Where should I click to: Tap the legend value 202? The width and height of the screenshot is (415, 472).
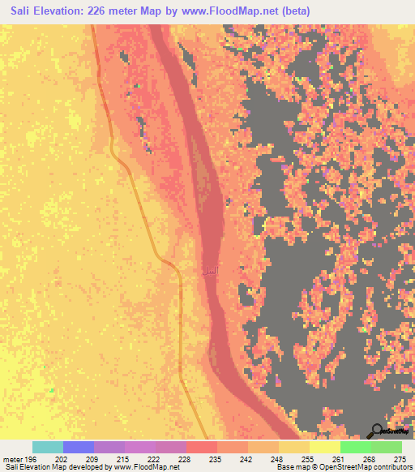pos(61,458)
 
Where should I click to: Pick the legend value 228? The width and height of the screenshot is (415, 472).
pos(186,458)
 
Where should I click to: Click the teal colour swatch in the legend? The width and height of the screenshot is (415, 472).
pos(48,447)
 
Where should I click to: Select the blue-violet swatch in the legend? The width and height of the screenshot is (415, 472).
pos(79,447)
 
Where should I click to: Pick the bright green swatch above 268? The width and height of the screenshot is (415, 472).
pos(355,447)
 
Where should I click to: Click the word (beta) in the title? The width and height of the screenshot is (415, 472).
pos(291,11)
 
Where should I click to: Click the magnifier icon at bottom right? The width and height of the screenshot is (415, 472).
pos(378,431)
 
